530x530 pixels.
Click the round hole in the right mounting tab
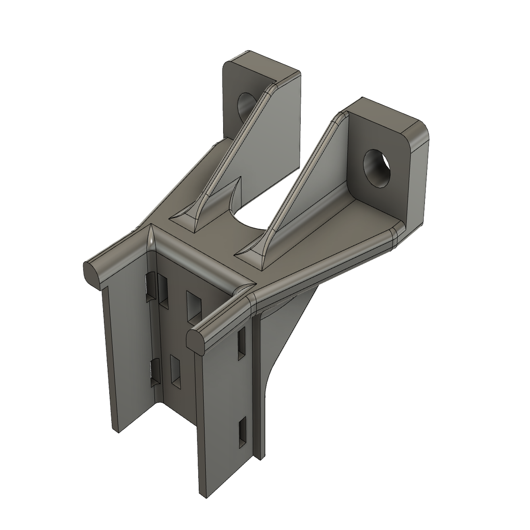[377, 168]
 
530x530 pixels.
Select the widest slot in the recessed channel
[194, 305]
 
